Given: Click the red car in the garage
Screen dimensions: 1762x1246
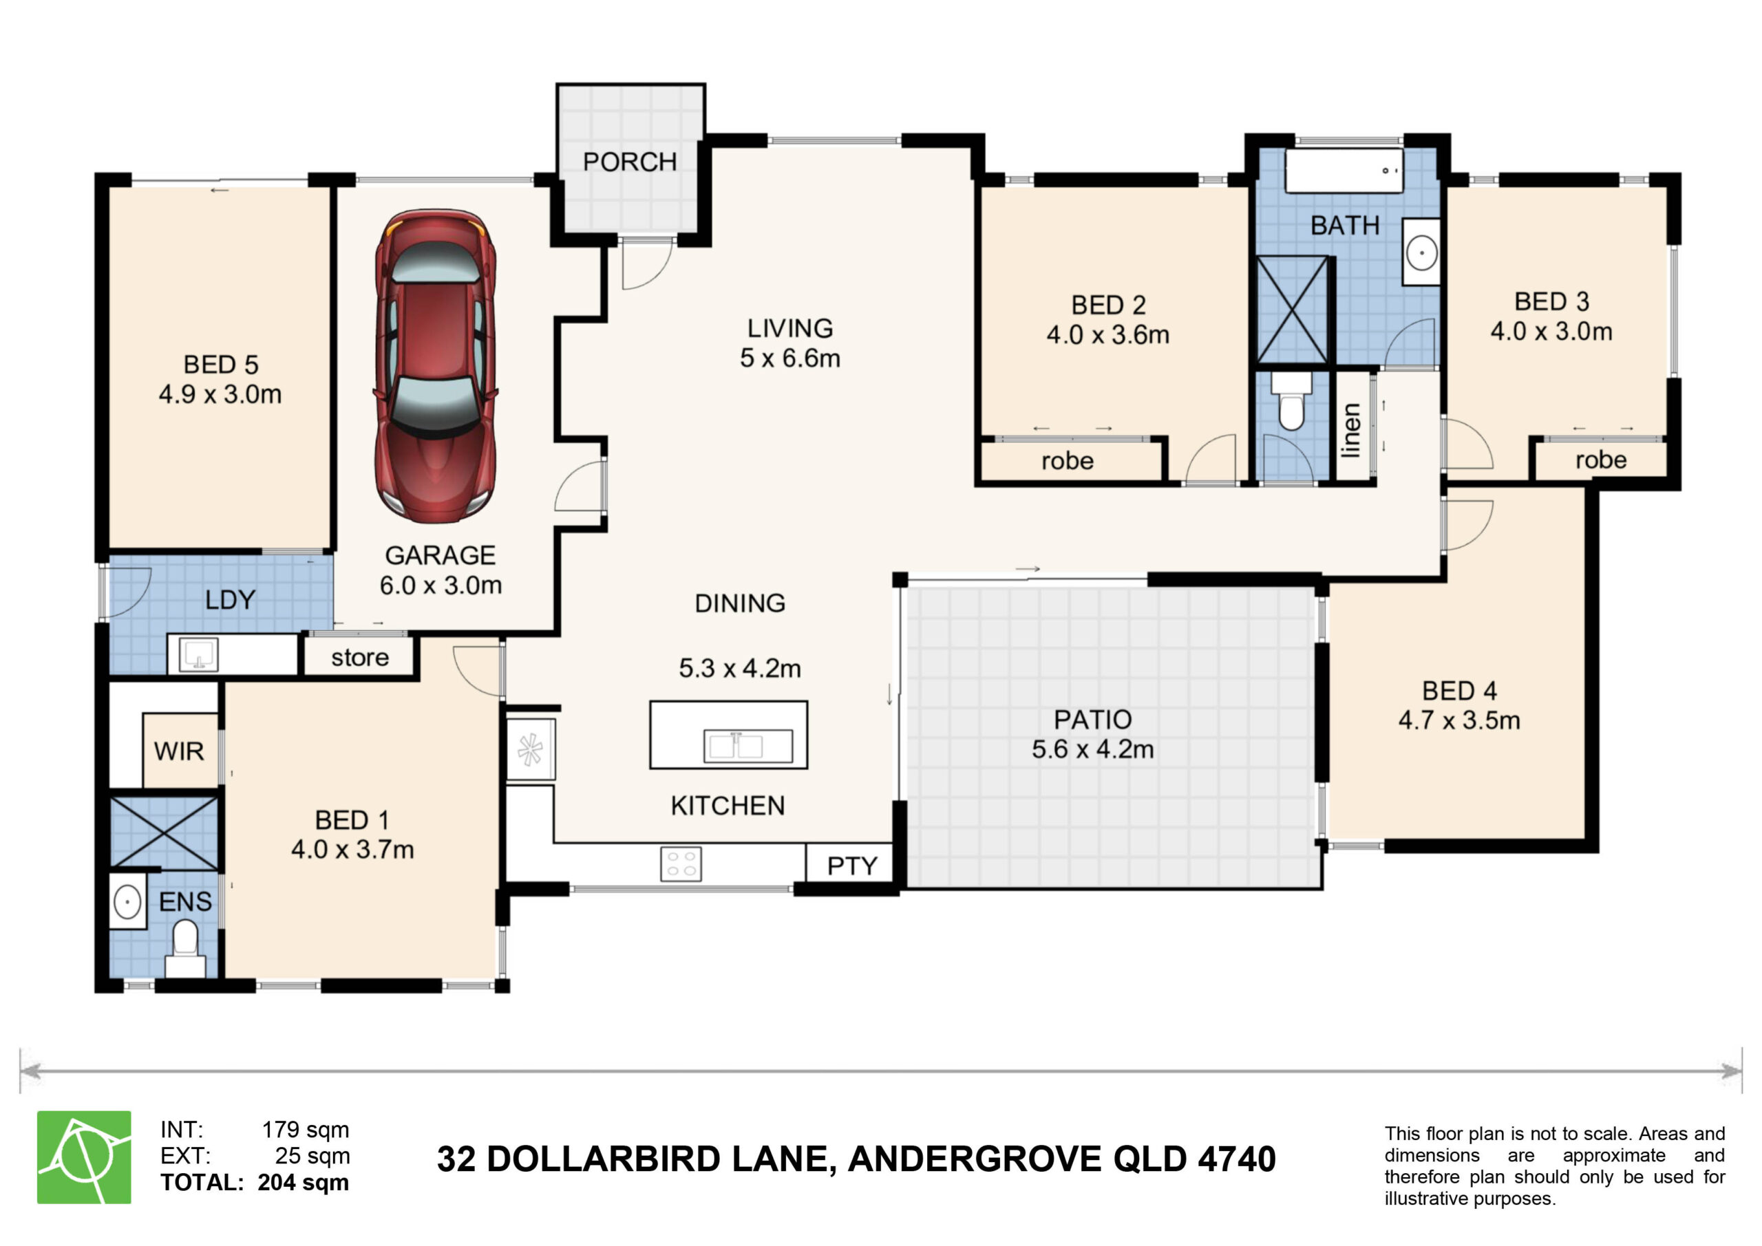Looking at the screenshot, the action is pyautogui.click(x=435, y=366).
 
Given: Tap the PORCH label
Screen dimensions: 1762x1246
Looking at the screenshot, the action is pyautogui.click(x=630, y=162).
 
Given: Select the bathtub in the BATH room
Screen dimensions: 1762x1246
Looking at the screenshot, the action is pyautogui.click(x=1344, y=171).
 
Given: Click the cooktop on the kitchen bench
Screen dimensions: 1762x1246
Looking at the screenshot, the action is pyautogui.click(x=681, y=863).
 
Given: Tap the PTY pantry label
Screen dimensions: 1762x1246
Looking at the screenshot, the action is pyautogui.click(x=852, y=866).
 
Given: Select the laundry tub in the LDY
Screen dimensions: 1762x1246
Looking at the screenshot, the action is pyautogui.click(x=199, y=654).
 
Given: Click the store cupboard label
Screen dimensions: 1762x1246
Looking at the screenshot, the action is pyautogui.click(x=360, y=658).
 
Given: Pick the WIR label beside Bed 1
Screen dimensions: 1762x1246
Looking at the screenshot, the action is pyautogui.click(x=179, y=751).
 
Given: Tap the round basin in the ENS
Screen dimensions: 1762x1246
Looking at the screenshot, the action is pyautogui.click(x=127, y=901).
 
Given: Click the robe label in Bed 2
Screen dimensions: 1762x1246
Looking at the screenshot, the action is pyautogui.click(x=1068, y=461).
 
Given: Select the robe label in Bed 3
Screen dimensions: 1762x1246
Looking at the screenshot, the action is pyautogui.click(x=1601, y=460).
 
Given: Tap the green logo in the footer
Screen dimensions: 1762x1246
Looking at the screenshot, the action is pyautogui.click(x=85, y=1157).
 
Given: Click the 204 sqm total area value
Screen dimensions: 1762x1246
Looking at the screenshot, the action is pyautogui.click(x=303, y=1182).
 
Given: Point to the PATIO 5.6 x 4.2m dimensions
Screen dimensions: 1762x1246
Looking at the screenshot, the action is pyautogui.click(x=1093, y=749).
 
